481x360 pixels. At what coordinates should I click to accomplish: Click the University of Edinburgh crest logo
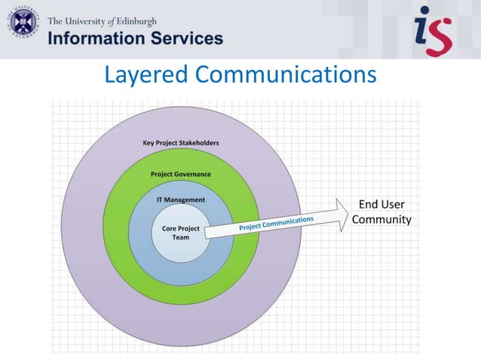pyautogui.click(x=24, y=28)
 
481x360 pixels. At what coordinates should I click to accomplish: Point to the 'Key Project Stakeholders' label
pyautogui.click(x=181, y=143)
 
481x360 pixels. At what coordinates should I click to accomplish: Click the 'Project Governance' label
pyautogui.click(x=181, y=174)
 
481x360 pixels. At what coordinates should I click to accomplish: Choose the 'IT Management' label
pyautogui.click(x=180, y=200)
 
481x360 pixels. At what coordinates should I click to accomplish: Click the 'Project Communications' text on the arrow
pyautogui.click(x=276, y=222)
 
